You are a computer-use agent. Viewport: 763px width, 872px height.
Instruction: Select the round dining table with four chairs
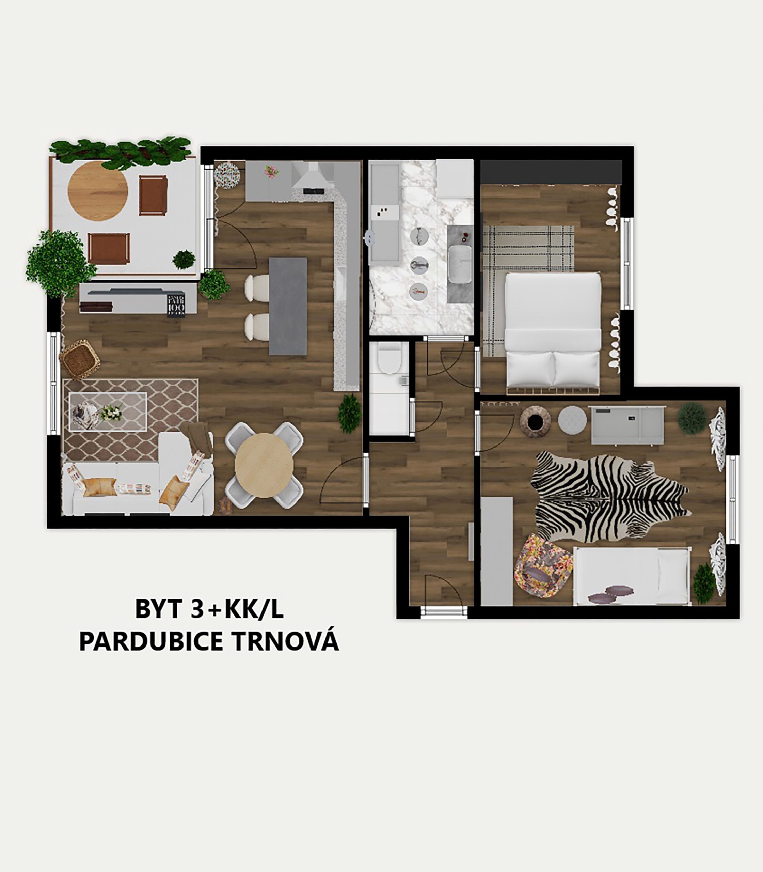click(x=264, y=465)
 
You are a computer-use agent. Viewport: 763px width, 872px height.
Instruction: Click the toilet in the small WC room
click(x=390, y=360)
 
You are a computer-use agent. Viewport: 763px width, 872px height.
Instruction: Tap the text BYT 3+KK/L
click(x=209, y=609)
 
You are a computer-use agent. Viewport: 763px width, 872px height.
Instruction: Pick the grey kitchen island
click(x=288, y=306)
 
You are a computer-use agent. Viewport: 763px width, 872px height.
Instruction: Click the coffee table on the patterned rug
click(x=108, y=412)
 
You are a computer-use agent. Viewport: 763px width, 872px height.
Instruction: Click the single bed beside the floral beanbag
click(x=631, y=576)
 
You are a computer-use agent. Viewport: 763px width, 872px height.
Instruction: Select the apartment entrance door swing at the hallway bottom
click(x=444, y=590)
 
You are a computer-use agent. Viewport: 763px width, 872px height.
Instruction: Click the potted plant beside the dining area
click(x=350, y=414)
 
